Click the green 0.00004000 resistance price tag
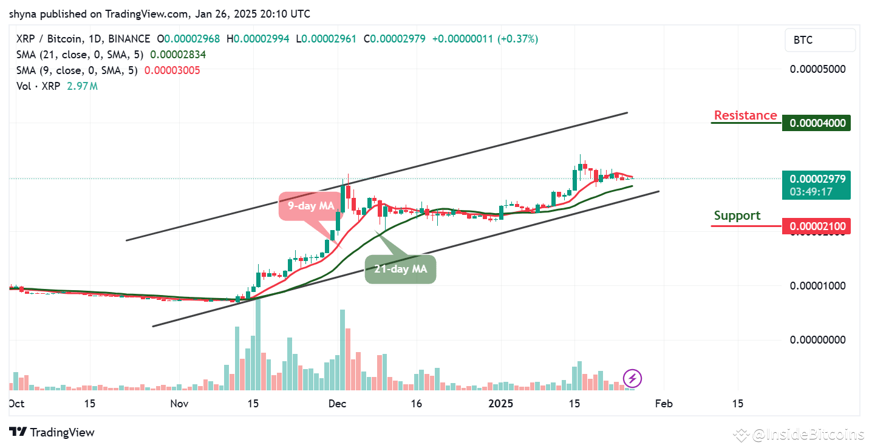tap(817, 123)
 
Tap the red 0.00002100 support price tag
tap(817, 226)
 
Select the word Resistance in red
tap(745, 115)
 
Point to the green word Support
tap(737, 216)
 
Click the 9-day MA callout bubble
tap(310, 206)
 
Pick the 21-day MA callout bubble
tap(400, 269)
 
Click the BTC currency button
tap(820, 40)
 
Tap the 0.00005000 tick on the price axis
tap(817, 69)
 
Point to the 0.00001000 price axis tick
tap(817, 285)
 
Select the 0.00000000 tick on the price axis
tap(817, 340)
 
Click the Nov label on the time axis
tap(180, 404)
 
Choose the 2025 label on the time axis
tap(501, 404)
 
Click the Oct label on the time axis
tap(17, 404)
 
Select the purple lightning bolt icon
tap(632, 379)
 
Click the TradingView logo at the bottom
tap(52, 433)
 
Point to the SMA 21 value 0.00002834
tap(179, 55)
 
